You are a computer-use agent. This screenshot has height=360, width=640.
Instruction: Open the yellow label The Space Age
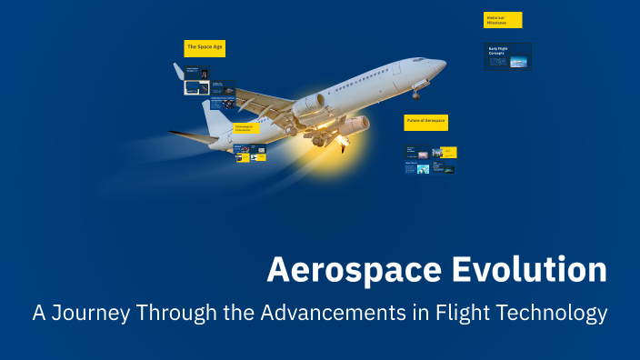pyautogui.click(x=205, y=46)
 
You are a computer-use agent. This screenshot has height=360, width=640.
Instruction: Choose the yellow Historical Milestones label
pyautogui.click(x=503, y=20)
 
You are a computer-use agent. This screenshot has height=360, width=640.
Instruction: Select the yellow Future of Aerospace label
pyautogui.click(x=425, y=121)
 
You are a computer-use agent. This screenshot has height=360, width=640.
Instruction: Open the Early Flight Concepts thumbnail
pyautogui.click(x=508, y=56)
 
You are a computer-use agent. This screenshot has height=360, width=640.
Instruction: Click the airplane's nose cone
pyautogui.click(x=441, y=65)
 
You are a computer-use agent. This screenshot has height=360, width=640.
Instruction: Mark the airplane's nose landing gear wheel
pyautogui.click(x=415, y=94)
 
